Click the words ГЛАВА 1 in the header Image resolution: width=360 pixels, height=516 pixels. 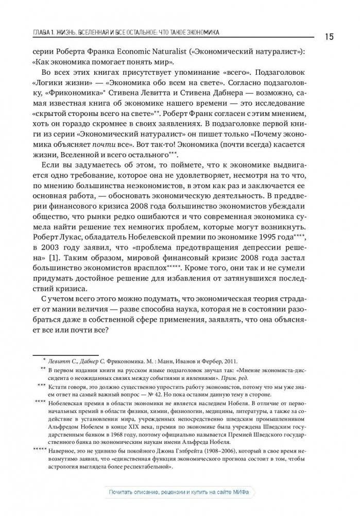(x=45, y=32)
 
